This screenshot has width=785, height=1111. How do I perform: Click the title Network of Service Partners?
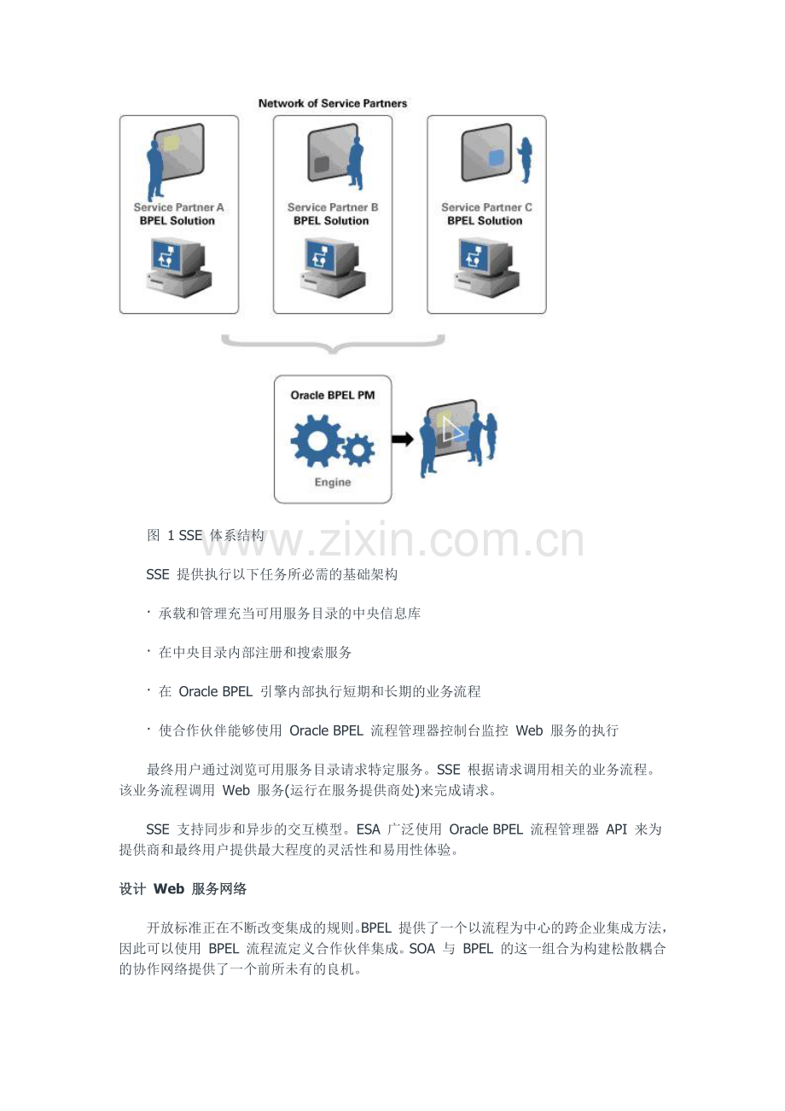(x=333, y=103)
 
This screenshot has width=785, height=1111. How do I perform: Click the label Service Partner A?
(x=178, y=207)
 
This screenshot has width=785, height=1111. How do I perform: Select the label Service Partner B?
(x=333, y=207)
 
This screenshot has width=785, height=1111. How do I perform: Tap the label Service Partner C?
(x=486, y=207)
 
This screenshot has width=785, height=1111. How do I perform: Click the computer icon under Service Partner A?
(x=178, y=265)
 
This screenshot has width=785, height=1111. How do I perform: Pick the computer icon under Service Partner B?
(x=334, y=265)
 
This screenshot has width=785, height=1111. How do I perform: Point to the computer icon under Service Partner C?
(x=487, y=265)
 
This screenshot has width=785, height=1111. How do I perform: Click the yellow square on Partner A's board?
(x=172, y=143)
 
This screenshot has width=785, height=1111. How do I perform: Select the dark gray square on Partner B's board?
(x=323, y=164)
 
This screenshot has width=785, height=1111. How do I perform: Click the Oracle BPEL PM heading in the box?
(x=333, y=395)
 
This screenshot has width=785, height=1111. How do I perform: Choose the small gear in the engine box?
(x=358, y=448)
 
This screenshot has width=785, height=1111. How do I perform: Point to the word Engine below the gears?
(x=333, y=482)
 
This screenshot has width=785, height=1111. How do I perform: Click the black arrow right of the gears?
(x=402, y=439)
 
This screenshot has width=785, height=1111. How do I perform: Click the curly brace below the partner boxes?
(x=333, y=342)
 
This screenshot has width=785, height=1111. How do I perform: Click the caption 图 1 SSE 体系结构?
(x=205, y=536)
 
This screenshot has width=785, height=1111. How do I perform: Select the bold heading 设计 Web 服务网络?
(x=183, y=889)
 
